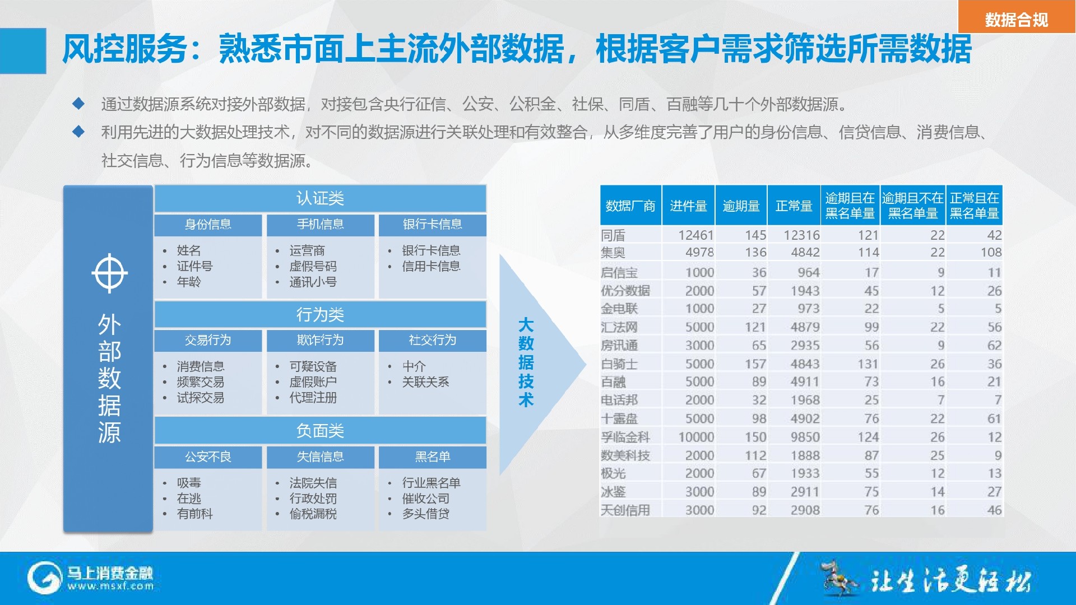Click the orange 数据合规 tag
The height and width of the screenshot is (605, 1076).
[x=1017, y=17]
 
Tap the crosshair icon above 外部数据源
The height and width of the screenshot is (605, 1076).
[x=109, y=273]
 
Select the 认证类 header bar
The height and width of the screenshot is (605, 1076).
[x=320, y=198]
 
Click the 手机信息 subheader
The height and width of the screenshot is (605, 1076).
[x=320, y=225]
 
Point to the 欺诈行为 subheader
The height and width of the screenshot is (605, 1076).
[x=320, y=340]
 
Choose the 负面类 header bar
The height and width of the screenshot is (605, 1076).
[x=320, y=430]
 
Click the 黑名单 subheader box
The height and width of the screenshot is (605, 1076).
[x=432, y=457]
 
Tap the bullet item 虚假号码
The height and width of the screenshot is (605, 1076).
[x=313, y=266]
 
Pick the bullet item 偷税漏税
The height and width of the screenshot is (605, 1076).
[x=313, y=514]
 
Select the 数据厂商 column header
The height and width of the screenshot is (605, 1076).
[x=630, y=206]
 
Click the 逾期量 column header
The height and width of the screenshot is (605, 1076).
[x=741, y=206]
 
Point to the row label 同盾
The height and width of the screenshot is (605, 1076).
[x=613, y=235]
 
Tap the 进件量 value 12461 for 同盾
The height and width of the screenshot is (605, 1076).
[x=696, y=235]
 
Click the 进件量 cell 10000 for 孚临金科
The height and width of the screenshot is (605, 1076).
[x=696, y=437]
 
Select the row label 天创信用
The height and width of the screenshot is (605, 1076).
[x=625, y=510]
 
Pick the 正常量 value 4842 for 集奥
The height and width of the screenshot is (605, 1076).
[x=805, y=253]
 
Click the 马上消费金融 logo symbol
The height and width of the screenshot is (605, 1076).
[x=44, y=578]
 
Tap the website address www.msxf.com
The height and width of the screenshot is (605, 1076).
[x=110, y=587]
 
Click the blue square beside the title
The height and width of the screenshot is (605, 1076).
[x=23, y=51]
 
